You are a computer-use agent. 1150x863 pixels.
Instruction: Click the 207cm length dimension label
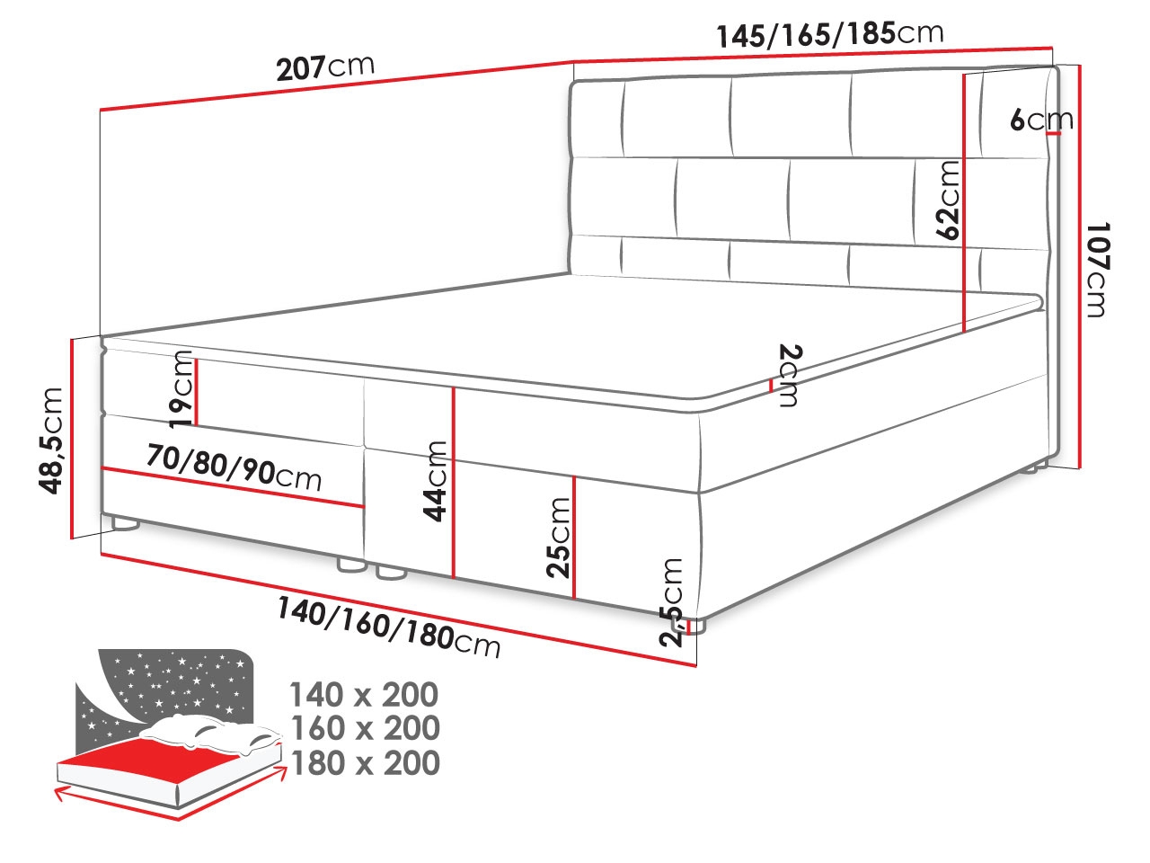(x=324, y=67)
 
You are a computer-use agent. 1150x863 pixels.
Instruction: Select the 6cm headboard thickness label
(x=1040, y=119)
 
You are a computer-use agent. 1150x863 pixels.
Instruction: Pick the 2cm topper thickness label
(x=788, y=375)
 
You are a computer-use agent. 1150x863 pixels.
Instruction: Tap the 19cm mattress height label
(x=181, y=388)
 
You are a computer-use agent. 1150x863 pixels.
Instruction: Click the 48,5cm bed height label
(x=51, y=440)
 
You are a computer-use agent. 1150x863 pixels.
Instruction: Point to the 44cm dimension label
(x=436, y=480)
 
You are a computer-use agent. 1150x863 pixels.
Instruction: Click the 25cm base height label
(x=559, y=537)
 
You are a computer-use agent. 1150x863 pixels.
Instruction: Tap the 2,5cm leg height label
(x=672, y=601)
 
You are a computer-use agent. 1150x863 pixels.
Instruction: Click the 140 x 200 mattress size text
(x=363, y=695)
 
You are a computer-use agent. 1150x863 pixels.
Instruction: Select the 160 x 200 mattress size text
(x=363, y=728)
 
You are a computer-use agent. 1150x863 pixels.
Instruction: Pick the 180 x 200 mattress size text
(x=363, y=762)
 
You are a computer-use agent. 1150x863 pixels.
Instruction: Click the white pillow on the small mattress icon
(x=216, y=733)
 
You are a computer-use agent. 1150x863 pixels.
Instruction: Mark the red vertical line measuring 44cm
(x=454, y=482)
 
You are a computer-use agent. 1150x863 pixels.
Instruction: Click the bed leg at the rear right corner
(x=1036, y=466)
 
